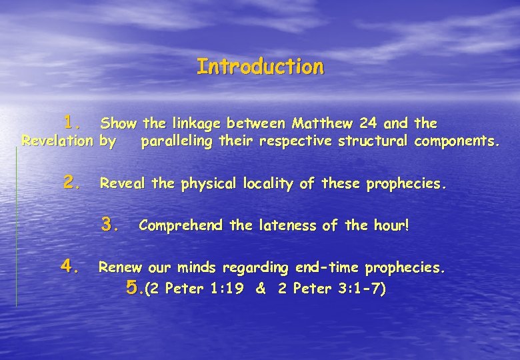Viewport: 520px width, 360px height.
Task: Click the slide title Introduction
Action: click(260, 67)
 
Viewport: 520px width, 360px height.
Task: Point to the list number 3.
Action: click(110, 225)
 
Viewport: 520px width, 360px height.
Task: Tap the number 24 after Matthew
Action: click(367, 123)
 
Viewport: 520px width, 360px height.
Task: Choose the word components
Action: click(457, 141)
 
